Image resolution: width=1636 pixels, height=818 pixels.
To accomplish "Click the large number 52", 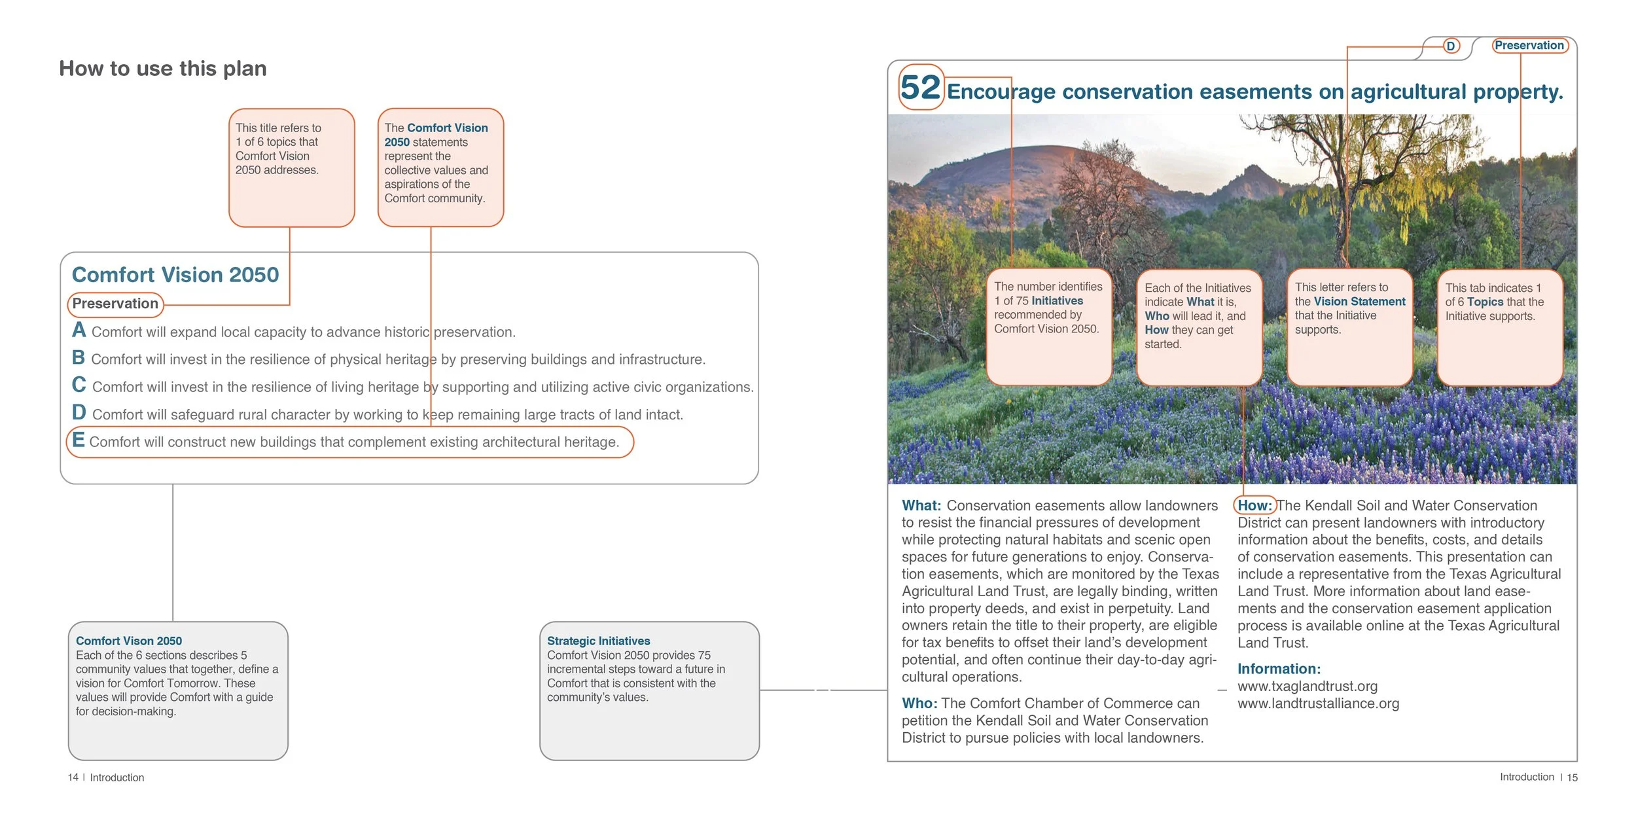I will [919, 88].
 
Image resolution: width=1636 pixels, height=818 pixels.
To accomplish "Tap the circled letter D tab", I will [1451, 46].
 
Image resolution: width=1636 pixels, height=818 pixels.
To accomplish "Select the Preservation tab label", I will [1529, 45].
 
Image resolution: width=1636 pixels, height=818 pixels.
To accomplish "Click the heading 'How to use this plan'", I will [163, 69].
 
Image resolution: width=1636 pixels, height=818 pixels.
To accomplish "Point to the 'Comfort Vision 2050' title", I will [175, 275].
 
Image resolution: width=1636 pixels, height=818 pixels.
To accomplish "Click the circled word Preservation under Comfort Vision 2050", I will [115, 304].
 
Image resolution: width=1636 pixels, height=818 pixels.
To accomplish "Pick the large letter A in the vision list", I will [79, 330].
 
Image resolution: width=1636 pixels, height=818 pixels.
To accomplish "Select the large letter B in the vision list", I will [79, 357].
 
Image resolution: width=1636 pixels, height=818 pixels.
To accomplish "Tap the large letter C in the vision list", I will [79, 385].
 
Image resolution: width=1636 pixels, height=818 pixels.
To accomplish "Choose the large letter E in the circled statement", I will [79, 440].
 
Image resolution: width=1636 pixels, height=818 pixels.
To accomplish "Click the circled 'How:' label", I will [1254, 505].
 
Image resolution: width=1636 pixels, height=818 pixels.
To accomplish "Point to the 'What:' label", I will [921, 505].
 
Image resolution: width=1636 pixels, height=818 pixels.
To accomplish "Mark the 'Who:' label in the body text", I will [919, 703].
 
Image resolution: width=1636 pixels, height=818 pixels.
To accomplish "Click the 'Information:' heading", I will [1279, 669].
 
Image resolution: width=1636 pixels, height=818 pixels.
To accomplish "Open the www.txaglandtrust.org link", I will [1307, 686].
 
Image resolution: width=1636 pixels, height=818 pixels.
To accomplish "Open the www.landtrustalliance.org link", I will [1318, 703].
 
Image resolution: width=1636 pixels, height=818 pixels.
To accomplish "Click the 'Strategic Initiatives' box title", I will [598, 641].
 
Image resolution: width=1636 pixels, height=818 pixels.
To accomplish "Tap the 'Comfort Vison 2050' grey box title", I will [129, 641].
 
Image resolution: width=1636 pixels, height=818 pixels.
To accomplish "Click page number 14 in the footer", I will [73, 777].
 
